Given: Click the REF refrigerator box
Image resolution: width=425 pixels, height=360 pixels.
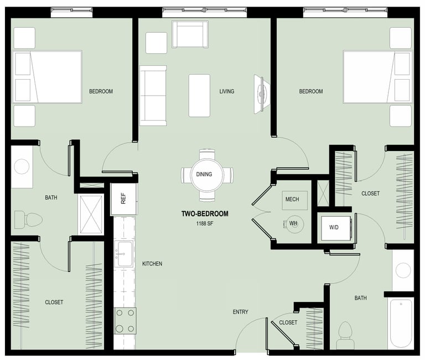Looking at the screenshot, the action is tap(123, 199).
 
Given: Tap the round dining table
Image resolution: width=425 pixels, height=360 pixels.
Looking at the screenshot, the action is tap(207, 175).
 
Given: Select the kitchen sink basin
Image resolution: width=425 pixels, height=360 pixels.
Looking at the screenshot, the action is tap(123, 254).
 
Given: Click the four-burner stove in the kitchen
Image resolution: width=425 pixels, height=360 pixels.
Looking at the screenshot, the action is tap(125, 321).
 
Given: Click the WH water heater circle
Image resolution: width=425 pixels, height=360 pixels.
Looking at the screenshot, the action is tap(295, 224).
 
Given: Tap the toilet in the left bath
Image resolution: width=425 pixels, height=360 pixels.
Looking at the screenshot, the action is tap(28, 219).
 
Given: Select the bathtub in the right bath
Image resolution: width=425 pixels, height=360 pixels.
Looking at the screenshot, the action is tap(401, 324).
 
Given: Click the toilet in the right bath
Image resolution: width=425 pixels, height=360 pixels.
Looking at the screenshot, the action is tap(345, 335).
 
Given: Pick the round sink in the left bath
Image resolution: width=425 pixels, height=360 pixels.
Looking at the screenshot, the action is tap(22, 166).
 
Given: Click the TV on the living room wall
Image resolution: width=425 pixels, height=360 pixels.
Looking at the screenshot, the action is tap(261, 94).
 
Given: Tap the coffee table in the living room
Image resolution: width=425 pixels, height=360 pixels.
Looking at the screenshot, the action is tap(199, 96).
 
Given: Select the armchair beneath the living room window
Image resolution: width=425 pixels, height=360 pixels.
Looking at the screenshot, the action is tap(190, 34).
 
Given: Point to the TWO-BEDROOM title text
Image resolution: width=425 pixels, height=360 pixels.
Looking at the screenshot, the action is tap(205, 213).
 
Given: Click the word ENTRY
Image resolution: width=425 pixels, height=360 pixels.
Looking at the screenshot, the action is tap(240, 312).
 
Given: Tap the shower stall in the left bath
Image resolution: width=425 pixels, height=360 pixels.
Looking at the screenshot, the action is tap(91, 215).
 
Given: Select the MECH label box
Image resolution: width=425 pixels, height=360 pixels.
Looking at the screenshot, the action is tap(294, 200).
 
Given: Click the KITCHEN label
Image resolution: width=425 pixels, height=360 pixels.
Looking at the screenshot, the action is tap(152, 264).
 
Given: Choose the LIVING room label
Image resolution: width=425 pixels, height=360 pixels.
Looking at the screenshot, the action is tap(226, 91).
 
